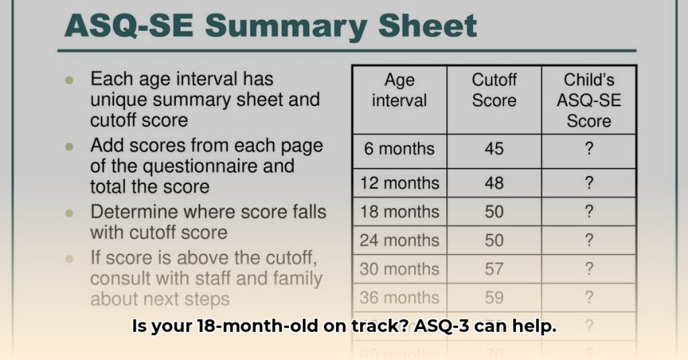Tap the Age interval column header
(399, 91)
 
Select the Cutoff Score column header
(494, 91)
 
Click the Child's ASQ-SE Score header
(589, 101)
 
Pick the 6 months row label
(399, 148)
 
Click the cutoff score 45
(494, 148)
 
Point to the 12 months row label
(399, 183)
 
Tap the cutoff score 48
(494, 183)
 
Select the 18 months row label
(399, 212)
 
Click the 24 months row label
(399, 240)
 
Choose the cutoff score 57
(494, 269)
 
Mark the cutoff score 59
(494, 298)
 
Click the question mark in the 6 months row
(589, 148)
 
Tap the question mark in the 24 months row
(589, 240)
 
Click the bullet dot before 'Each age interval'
(69, 80)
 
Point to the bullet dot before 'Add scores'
(69, 146)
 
